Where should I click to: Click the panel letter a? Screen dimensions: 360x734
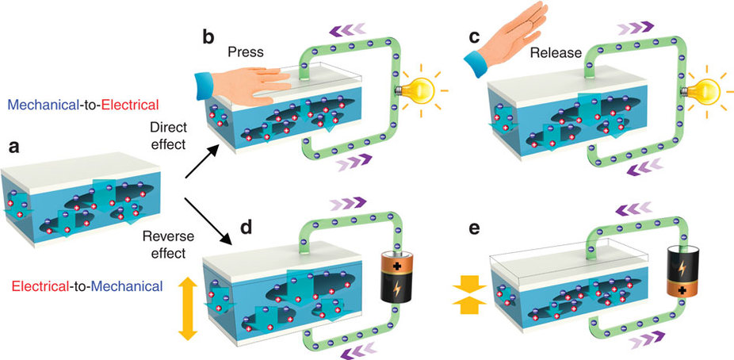13,146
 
